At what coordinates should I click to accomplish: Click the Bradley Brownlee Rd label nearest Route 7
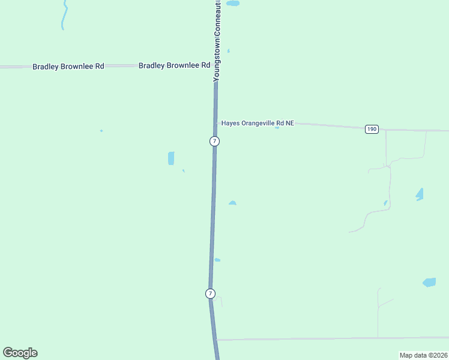pos(174,65)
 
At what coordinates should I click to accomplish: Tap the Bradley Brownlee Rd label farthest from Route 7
pos(68,66)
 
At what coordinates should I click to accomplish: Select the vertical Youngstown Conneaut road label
pos(217,41)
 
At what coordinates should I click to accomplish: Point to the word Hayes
pos(231,123)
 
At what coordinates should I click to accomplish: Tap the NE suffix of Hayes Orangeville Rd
pos(289,123)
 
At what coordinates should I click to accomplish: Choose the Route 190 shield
pos(372,129)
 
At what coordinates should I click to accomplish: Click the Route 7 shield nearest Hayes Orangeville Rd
pos(214,141)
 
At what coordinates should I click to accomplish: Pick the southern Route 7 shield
pos(209,293)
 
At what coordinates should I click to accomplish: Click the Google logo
pos(20,353)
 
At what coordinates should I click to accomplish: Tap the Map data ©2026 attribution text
pos(423,355)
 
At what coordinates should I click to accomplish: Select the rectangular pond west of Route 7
pos(171,158)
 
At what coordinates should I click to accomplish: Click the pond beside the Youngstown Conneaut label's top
pos(232,3)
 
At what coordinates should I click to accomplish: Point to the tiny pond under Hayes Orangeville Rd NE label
pos(277,128)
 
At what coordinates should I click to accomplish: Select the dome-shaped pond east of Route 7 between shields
pos(232,203)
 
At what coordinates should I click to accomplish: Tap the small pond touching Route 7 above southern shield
pos(217,260)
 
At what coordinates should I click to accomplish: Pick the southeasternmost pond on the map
pos(429,282)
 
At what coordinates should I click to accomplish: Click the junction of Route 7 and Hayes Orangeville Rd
pos(216,123)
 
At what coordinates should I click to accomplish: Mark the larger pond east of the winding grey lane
pos(419,194)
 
